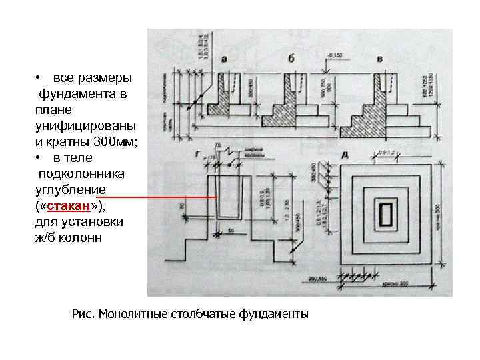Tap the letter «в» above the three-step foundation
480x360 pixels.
tap(379, 59)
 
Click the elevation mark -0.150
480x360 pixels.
tap(334, 55)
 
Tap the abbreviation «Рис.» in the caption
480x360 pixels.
tap(83, 313)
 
